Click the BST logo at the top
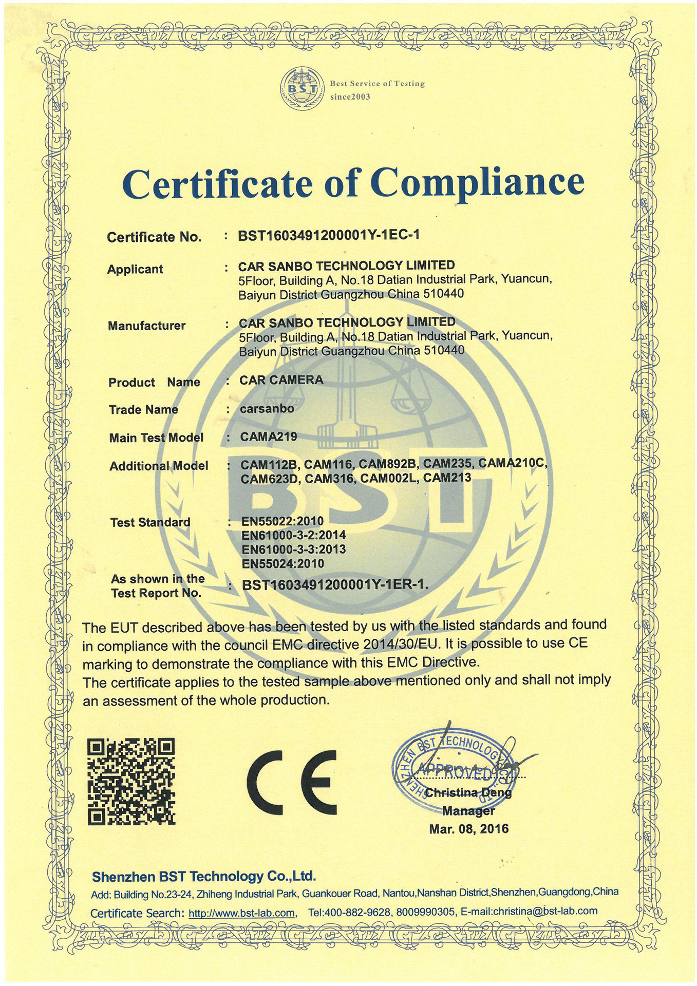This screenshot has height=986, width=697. [300, 89]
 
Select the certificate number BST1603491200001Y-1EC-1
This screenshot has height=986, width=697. [329, 235]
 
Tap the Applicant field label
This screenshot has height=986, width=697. [135, 269]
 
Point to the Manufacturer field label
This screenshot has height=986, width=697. [146, 326]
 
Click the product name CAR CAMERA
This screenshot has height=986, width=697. [281, 380]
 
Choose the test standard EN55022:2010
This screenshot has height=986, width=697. [282, 522]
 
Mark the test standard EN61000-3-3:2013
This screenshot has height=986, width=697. [293, 549]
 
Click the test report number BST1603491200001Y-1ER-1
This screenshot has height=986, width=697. [334, 585]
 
